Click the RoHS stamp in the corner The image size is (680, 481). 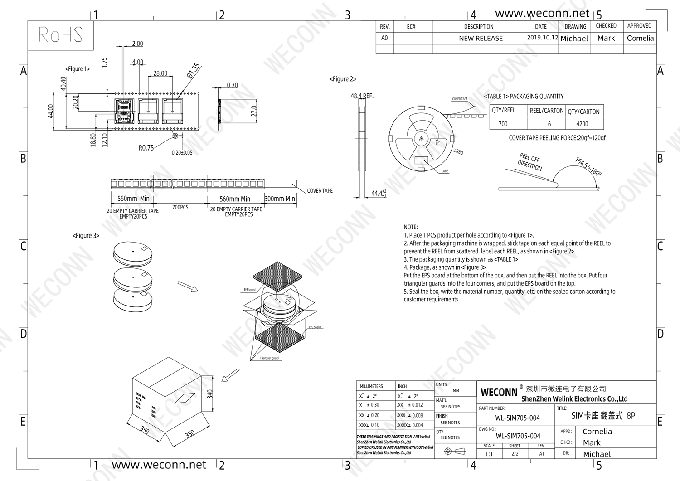click(x=61, y=35)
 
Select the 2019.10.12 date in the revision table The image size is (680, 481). click(x=542, y=38)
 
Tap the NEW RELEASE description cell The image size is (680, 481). click(x=481, y=39)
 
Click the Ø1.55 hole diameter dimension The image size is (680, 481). click(x=193, y=71)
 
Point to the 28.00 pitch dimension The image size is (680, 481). click(x=160, y=73)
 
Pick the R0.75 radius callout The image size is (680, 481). click(x=146, y=148)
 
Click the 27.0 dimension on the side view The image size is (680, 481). click(x=254, y=111)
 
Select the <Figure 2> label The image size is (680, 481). click(x=343, y=79)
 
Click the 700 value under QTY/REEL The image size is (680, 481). click(x=503, y=124)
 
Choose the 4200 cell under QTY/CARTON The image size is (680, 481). click(x=582, y=124)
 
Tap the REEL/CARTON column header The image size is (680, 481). click(x=547, y=111)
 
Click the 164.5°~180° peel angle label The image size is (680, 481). click(x=588, y=166)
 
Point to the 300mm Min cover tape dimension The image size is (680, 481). click(x=280, y=199)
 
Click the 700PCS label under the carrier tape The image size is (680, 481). click(x=180, y=207)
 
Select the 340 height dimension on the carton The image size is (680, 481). click(x=210, y=394)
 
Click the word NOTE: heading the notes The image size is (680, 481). click(x=411, y=227)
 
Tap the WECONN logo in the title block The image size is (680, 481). click(x=499, y=392)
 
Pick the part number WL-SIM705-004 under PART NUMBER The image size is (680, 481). click(x=517, y=418)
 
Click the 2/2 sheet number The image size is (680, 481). click(x=515, y=454)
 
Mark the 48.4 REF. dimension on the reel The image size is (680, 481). click(x=362, y=96)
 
